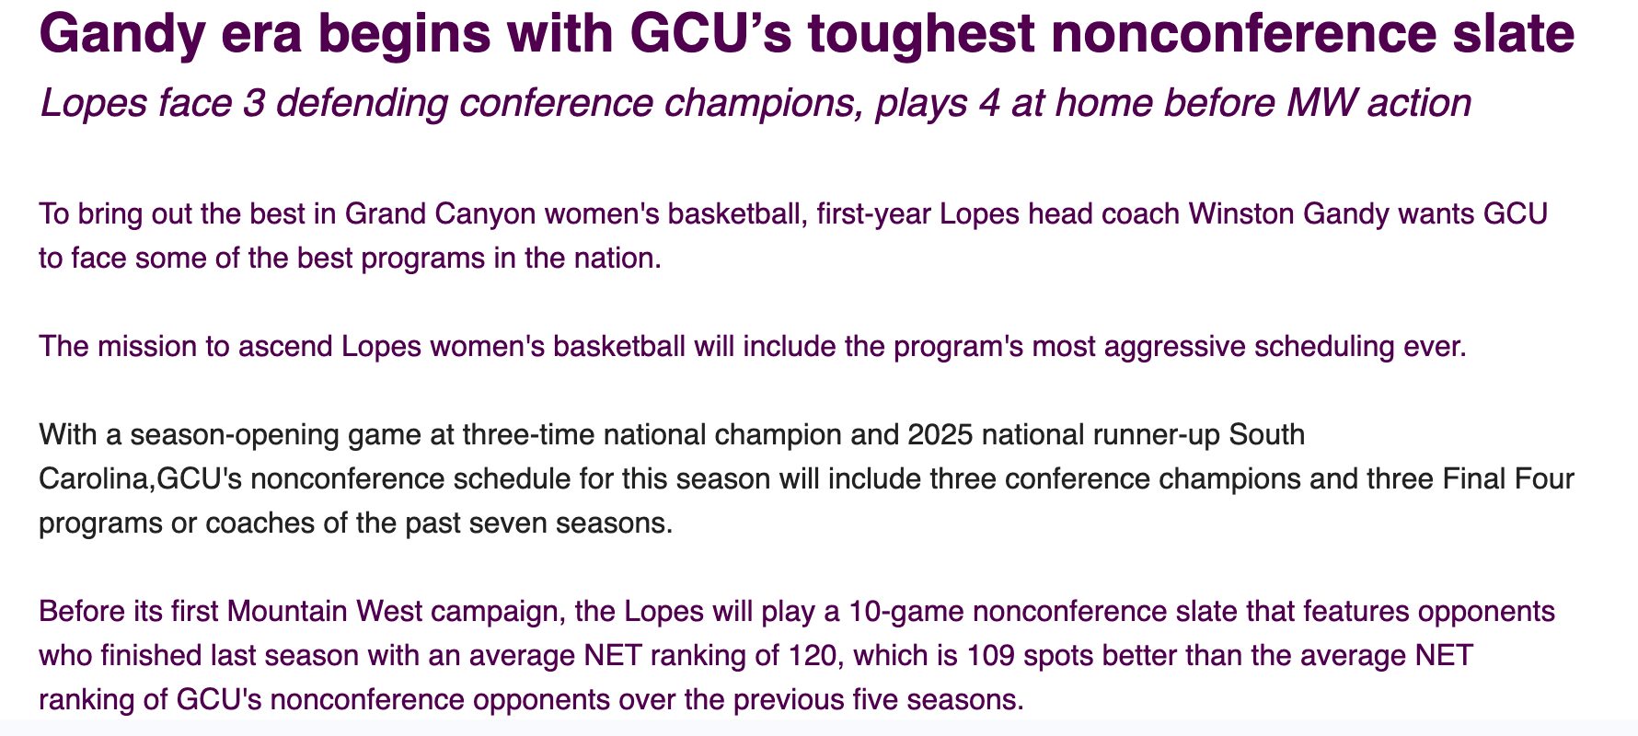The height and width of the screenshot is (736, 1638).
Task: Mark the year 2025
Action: click(940, 434)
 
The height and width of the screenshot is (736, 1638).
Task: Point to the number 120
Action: click(813, 656)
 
